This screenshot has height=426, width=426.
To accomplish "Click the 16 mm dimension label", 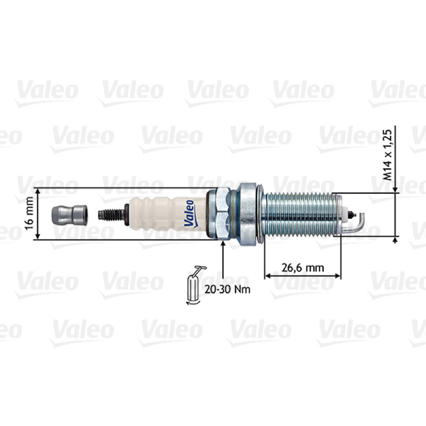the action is click(29, 214).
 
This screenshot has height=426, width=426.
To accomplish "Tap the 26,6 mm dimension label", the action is click(302, 268).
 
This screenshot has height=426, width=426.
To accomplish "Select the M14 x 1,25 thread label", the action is click(388, 155).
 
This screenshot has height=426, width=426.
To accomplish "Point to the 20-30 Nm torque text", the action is click(227, 289).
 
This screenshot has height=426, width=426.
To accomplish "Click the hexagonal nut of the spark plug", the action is click(222, 214).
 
